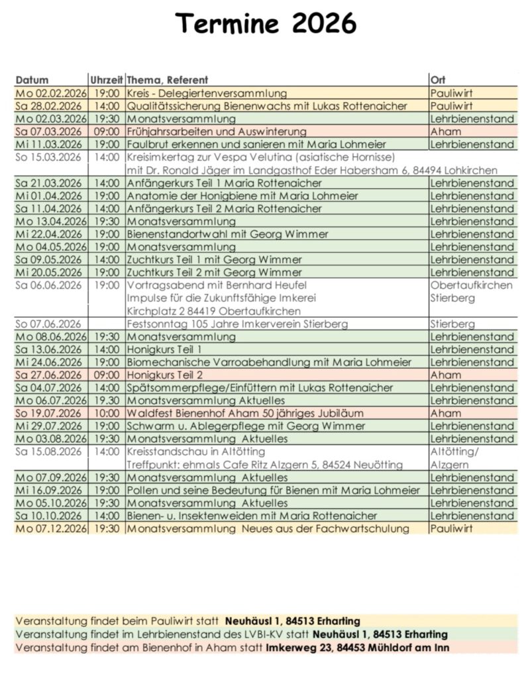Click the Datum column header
[32, 80]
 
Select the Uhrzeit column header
[106, 80]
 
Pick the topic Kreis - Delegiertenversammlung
[207, 93]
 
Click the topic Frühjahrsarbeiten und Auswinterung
[217, 132]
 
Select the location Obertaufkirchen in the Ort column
[471, 285]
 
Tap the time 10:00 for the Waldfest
[107, 413]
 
